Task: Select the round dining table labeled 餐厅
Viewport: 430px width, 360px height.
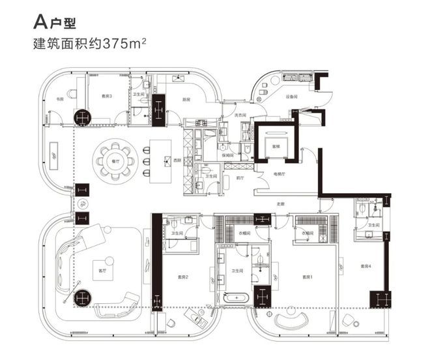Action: (x=114, y=159)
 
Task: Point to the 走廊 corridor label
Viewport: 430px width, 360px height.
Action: (x=281, y=204)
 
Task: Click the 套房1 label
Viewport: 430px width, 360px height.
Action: (x=308, y=277)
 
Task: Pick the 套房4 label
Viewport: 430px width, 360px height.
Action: (x=365, y=265)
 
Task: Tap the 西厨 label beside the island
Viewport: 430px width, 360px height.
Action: (x=177, y=159)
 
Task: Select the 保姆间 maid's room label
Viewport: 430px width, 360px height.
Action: (x=228, y=155)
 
